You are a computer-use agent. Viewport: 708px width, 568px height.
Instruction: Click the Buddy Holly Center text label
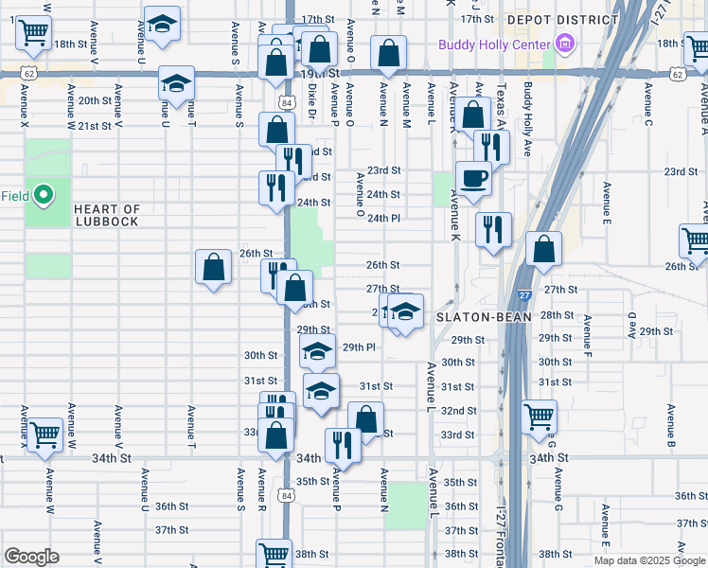493,44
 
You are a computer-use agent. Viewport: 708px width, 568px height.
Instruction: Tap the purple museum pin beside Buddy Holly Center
566,44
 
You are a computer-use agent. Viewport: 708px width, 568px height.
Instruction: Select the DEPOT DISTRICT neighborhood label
562,19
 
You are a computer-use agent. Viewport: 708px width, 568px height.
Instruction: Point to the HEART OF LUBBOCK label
107,215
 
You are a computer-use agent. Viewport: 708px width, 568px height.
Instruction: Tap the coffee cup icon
473,177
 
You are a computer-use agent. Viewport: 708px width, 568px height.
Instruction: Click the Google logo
31,557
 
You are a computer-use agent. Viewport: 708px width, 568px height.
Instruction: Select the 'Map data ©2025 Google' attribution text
650,560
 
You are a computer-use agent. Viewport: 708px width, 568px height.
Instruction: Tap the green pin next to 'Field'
43,196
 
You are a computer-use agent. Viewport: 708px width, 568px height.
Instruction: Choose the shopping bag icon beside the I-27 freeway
543,251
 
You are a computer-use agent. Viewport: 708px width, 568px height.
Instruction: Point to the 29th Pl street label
359,347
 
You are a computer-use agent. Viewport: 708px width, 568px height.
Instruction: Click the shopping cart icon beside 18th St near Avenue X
34,33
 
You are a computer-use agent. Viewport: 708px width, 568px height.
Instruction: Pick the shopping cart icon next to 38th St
274,555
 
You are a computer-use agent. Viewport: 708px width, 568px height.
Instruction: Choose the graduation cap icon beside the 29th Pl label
318,351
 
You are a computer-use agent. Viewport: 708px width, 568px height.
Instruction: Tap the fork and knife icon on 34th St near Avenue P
343,445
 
